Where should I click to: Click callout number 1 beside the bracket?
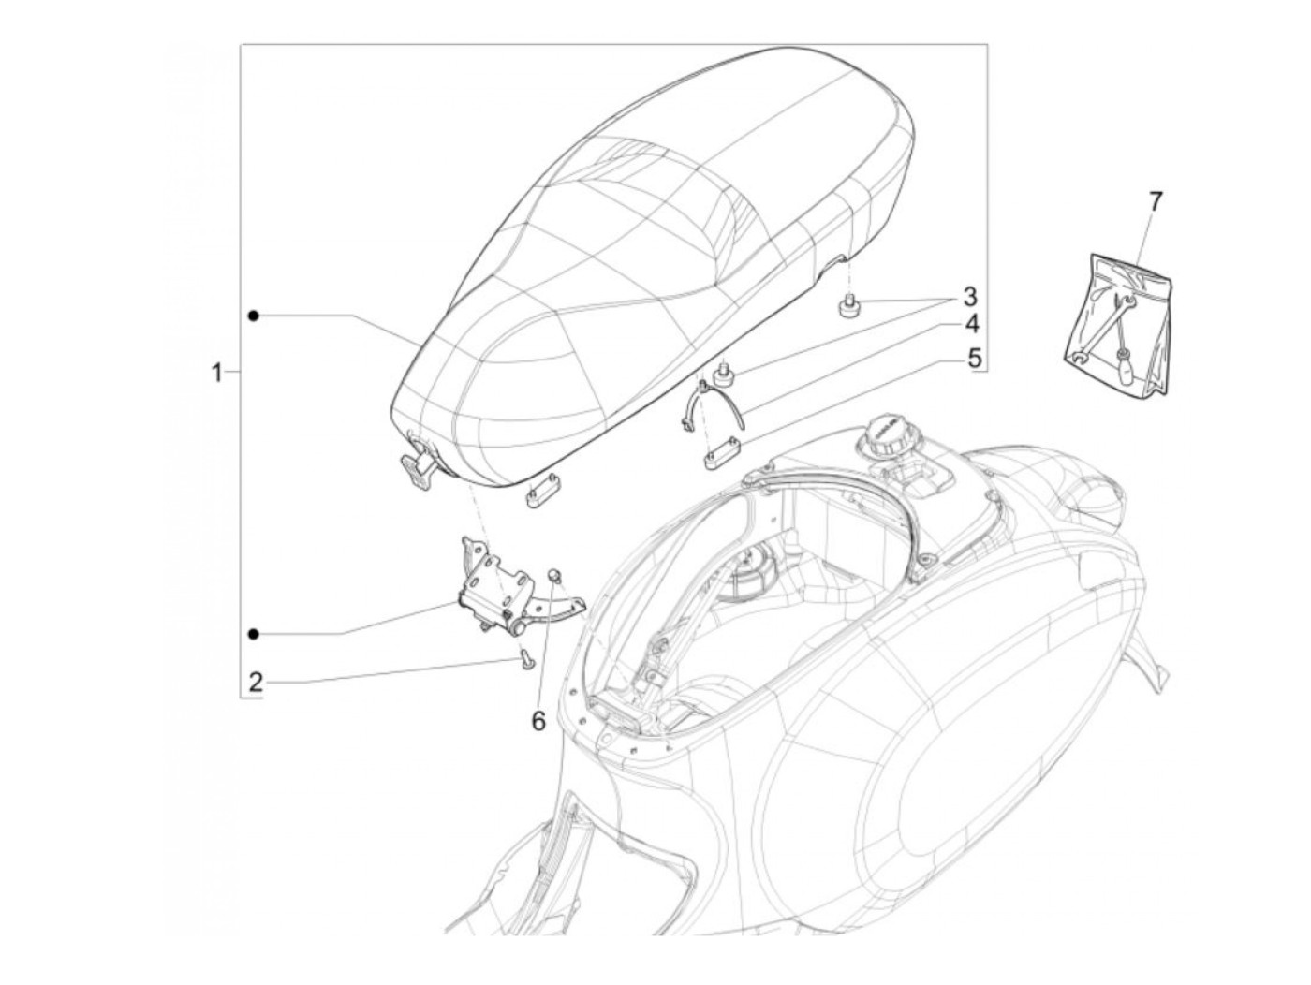(217, 373)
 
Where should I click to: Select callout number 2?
(255, 682)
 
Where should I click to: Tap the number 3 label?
(969, 298)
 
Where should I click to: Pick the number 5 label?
(974, 357)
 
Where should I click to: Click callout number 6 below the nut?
(538, 721)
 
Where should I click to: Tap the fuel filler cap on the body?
(888, 434)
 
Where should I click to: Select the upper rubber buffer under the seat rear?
(849, 306)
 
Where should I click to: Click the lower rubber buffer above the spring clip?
(722, 376)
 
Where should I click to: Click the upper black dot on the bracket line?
(254, 316)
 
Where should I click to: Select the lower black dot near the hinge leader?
(254, 634)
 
